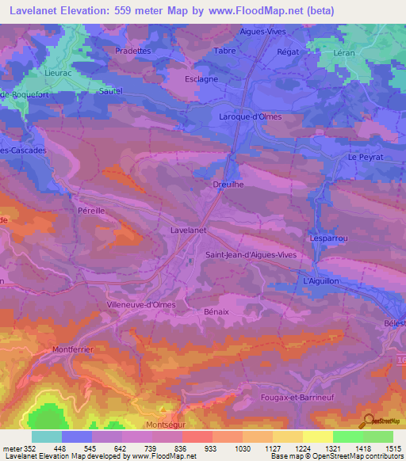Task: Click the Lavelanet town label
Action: (189, 230)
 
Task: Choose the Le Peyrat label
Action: (365, 158)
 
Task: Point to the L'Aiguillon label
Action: (322, 281)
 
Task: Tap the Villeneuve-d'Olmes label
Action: (140, 304)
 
